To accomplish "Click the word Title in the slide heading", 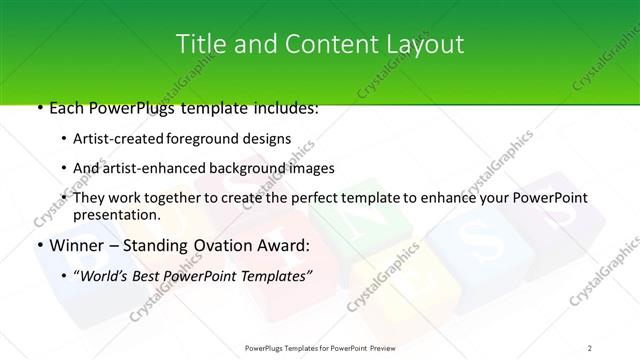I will pos(198,45).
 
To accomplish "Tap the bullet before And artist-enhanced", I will pos(65,168).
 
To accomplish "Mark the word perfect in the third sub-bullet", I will pos(320,197).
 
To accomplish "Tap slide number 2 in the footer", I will pos(590,347).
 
